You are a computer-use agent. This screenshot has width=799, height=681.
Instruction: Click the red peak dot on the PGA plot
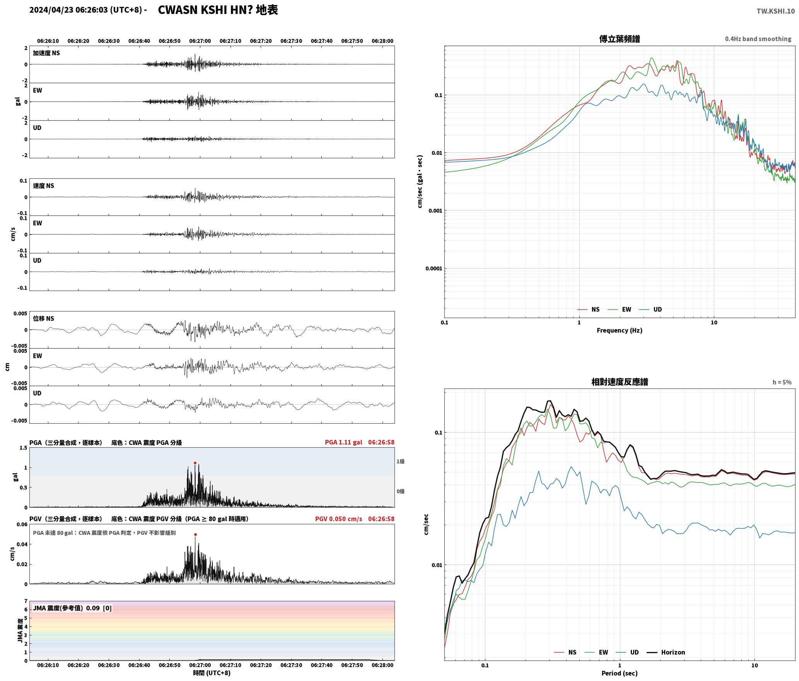[195, 463]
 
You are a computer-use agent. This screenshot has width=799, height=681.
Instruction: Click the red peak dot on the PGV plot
[195, 534]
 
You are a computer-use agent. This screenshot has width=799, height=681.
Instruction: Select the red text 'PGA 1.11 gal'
[343, 442]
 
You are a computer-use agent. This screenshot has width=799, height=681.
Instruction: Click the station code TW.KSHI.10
[776, 11]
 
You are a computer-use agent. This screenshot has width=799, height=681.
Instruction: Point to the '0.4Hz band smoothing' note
[758, 39]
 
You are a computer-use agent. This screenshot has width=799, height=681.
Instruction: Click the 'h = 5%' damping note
[782, 382]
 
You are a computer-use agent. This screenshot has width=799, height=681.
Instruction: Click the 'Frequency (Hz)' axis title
[619, 330]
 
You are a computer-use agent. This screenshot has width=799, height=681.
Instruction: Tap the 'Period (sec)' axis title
[619, 673]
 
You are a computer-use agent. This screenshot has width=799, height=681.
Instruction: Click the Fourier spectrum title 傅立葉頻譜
[619, 39]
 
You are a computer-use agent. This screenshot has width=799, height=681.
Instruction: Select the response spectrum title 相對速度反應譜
[620, 382]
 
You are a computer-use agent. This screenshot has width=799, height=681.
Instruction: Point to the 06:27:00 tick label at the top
[200, 41]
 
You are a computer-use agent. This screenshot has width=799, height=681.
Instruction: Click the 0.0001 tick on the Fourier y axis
[433, 269]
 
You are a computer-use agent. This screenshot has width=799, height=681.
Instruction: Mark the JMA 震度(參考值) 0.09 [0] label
[72, 608]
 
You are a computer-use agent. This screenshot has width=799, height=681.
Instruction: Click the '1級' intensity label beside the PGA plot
[400, 461]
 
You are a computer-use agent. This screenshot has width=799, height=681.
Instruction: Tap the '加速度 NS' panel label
[46, 53]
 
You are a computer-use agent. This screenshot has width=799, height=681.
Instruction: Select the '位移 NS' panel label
[43, 318]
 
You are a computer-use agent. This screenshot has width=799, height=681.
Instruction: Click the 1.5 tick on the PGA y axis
[23, 448]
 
